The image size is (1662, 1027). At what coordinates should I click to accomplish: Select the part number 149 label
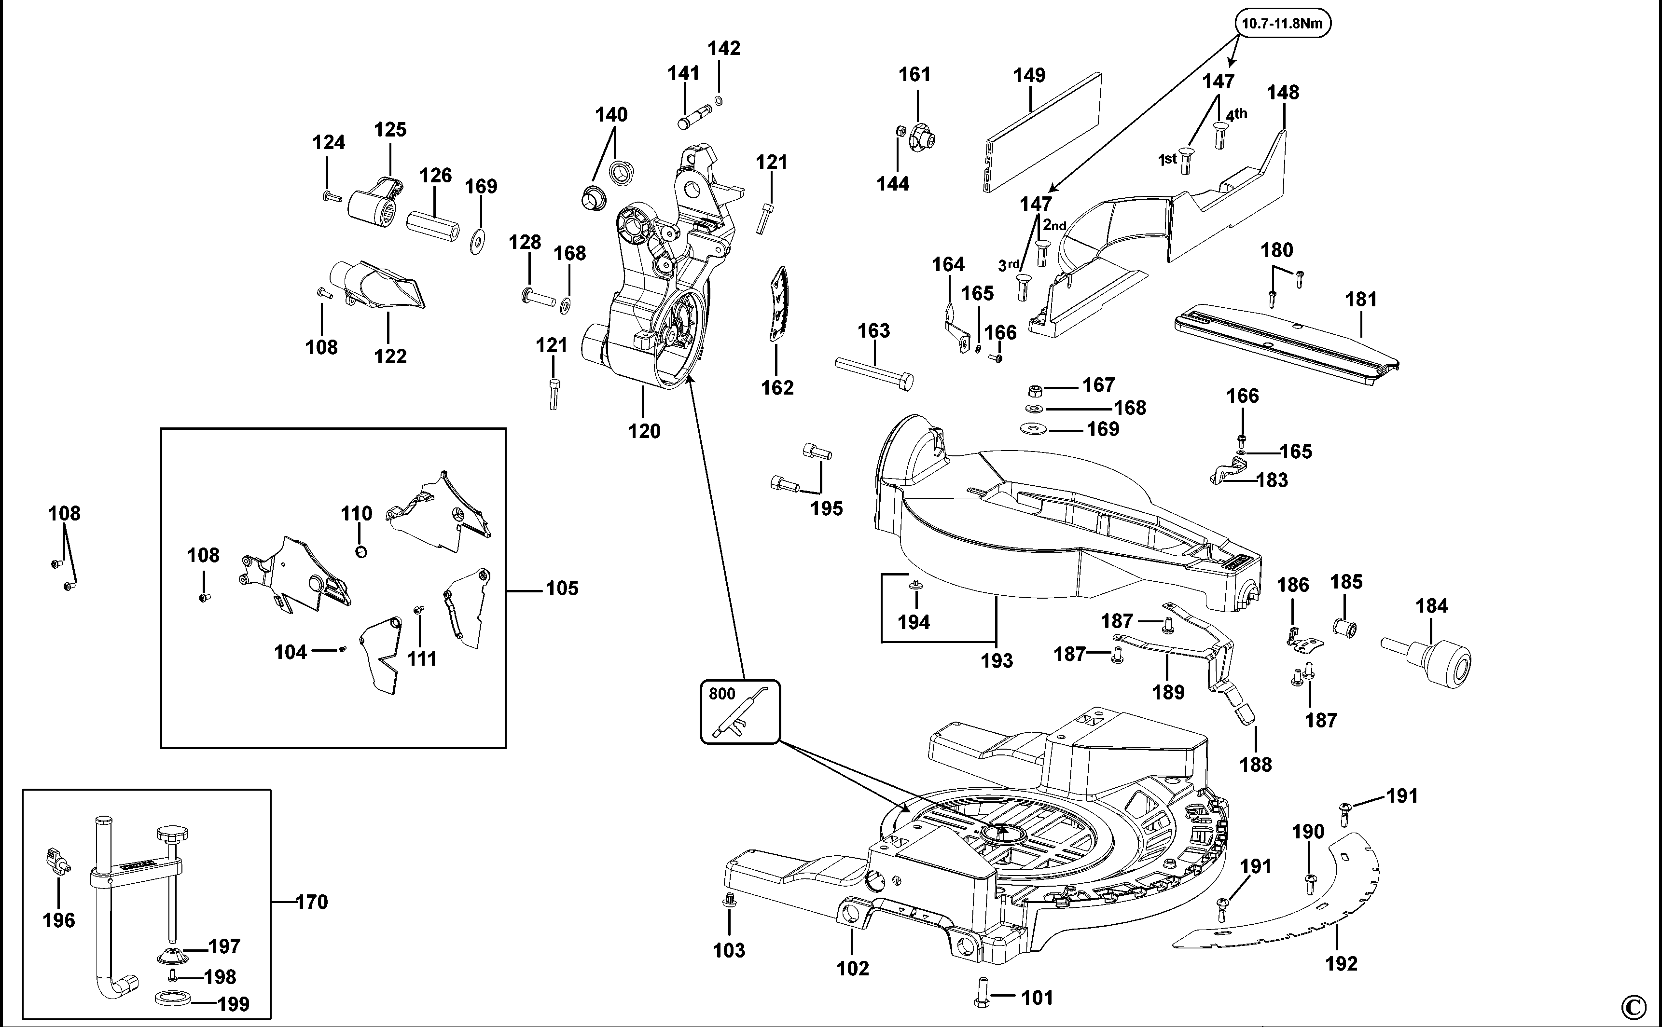click(1029, 75)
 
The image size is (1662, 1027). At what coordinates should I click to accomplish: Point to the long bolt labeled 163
click(873, 373)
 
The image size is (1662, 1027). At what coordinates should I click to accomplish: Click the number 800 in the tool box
click(721, 694)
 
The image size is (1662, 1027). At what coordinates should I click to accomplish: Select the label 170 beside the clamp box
click(312, 902)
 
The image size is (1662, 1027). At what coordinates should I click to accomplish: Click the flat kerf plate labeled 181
click(1284, 340)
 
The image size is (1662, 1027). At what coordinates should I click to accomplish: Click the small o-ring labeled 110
click(361, 551)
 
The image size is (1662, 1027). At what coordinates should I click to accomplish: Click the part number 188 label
click(1255, 764)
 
